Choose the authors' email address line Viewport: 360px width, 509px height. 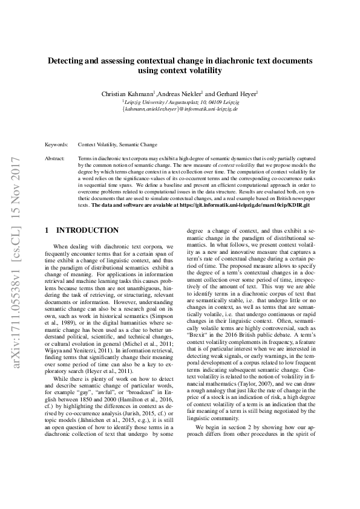[x=180, y=109]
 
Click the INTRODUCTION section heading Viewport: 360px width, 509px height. [x=87, y=231]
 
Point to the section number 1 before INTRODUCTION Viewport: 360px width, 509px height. [x=47, y=231]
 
